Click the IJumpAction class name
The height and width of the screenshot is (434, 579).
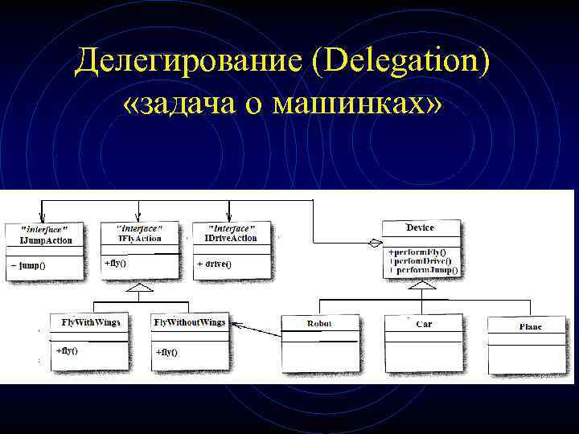[45, 240]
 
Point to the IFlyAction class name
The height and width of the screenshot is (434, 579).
[139, 238]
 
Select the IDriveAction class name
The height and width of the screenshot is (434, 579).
[230, 238]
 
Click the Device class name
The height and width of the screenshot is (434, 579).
[420, 228]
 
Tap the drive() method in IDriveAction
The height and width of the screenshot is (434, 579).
[215, 264]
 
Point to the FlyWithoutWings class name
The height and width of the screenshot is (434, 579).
[189, 322]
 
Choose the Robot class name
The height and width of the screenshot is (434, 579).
[319, 324]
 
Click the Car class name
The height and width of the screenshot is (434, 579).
[424, 324]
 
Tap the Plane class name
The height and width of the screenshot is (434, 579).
[530, 327]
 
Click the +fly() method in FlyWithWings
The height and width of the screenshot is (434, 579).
[67, 350]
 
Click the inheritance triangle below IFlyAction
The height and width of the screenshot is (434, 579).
[141, 286]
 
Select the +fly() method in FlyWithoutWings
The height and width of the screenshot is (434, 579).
[166, 352]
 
